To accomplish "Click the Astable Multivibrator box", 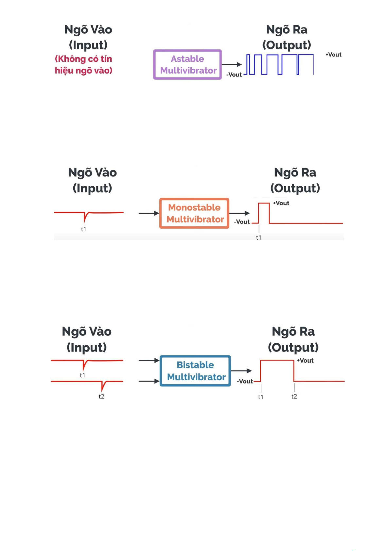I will point(187,64).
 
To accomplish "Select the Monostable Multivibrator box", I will point(194,213).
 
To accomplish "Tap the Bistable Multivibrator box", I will point(195,371).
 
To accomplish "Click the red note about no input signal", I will point(83,64).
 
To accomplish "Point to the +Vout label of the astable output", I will point(333,55).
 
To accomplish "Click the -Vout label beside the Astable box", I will point(234,75).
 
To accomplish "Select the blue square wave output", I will point(280,64).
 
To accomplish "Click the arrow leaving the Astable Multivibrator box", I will point(232,64).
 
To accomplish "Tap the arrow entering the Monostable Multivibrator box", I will point(149,213).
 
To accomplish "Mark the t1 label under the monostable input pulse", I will point(83,229).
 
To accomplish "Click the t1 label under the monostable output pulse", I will point(258,238).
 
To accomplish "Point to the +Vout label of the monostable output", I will point(281,203).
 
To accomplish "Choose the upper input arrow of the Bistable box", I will point(149,360).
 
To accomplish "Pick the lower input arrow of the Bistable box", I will point(149,381).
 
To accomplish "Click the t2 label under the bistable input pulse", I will point(101,396).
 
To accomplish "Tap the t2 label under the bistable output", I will point(294,396).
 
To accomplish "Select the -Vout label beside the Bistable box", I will point(245,381).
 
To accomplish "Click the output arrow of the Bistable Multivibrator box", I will point(241,371).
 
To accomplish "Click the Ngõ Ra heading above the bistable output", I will point(293,332).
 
